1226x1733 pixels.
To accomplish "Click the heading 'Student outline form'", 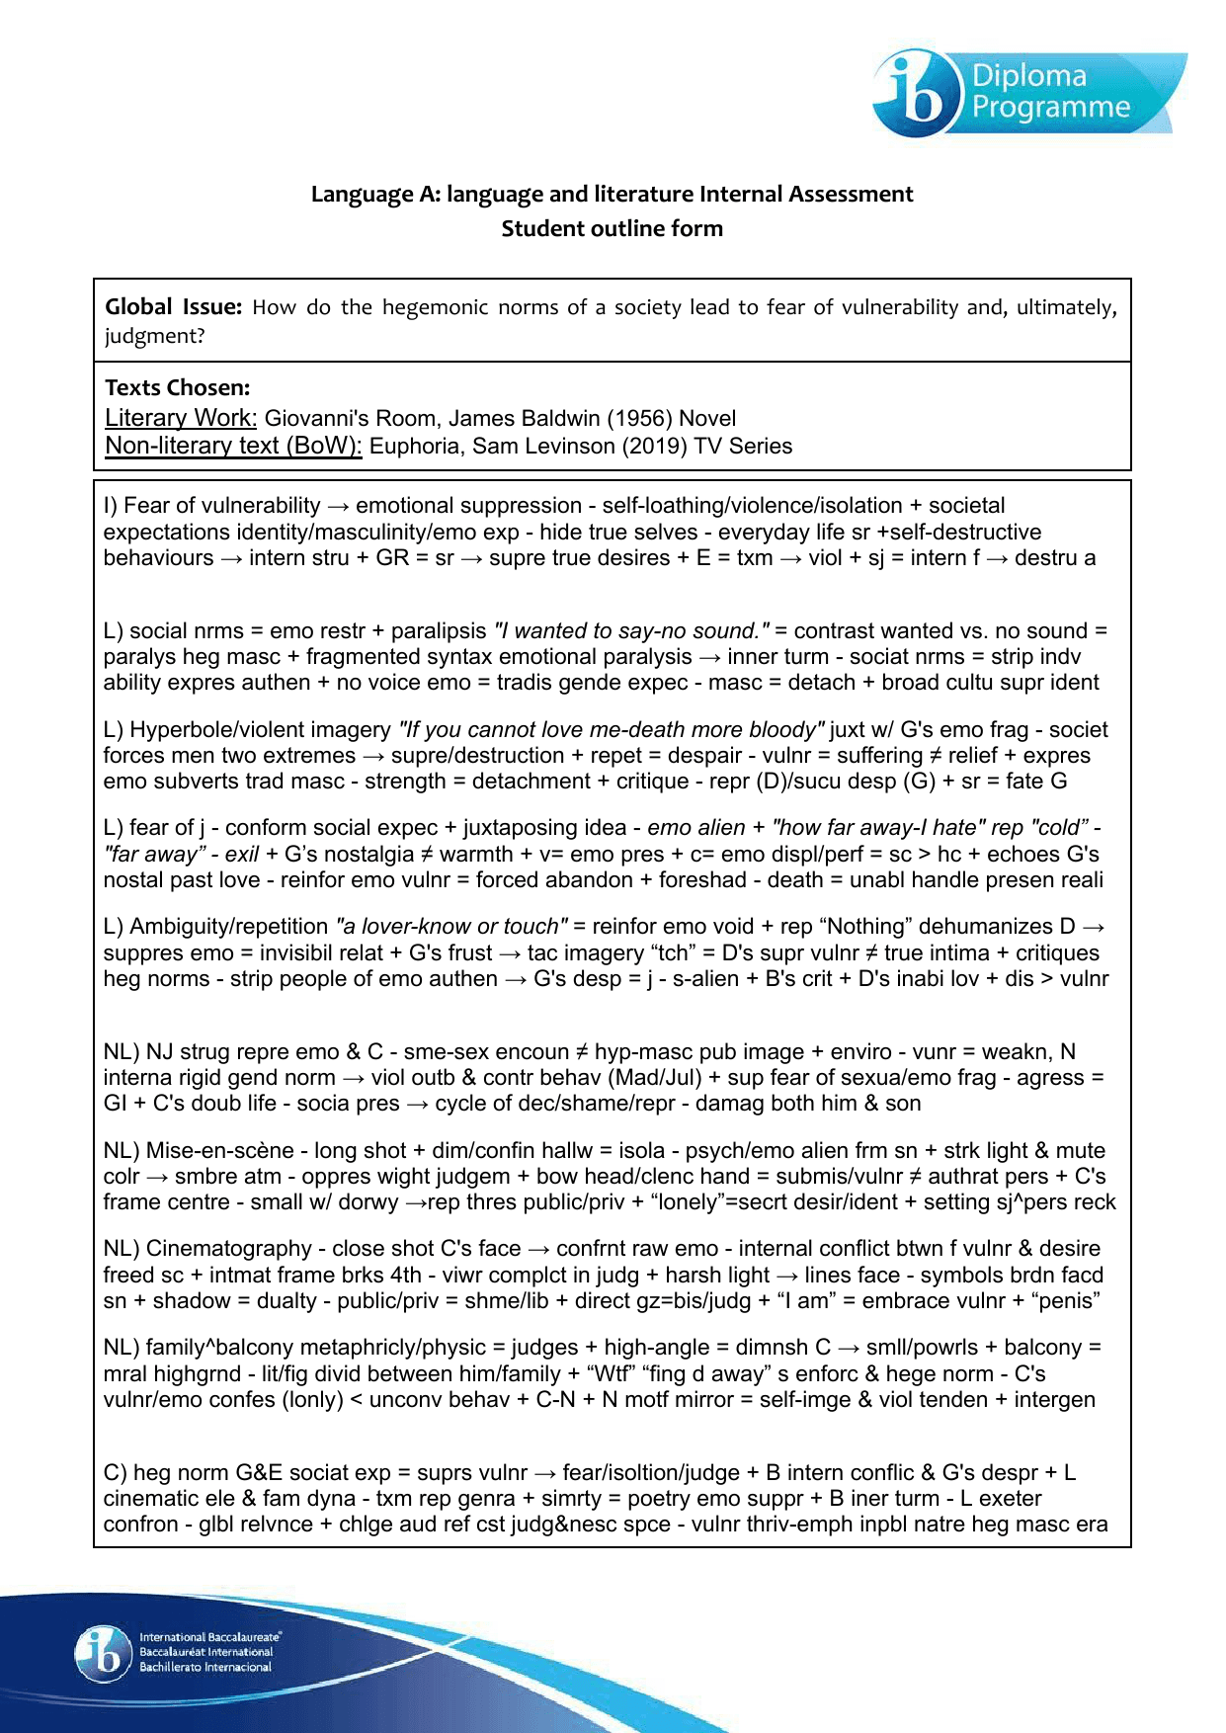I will pyautogui.click(x=612, y=228).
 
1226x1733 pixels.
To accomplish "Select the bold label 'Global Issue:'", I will pyautogui.click(x=173, y=307).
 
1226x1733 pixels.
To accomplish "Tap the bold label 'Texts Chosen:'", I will pyautogui.click(x=177, y=387).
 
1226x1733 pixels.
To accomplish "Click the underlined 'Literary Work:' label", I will pyautogui.click(x=181, y=418).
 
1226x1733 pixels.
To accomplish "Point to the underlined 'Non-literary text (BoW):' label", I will pyautogui.click(x=233, y=446).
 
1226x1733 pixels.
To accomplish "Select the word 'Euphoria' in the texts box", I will pyautogui.click(x=413, y=446).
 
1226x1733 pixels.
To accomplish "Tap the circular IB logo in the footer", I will pyautogui.click(x=103, y=1652).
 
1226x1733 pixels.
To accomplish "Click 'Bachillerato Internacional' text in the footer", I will pyautogui.click(x=204, y=1667).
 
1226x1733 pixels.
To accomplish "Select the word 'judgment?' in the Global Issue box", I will pyautogui.click(x=155, y=336).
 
